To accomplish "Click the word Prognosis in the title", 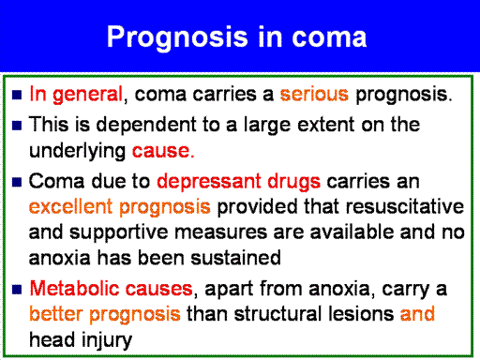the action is point(177,38).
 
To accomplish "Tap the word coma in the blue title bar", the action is point(329,37).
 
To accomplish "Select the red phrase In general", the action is point(76,95).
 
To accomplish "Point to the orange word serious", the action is point(314,94).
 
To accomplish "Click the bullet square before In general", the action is point(17,95).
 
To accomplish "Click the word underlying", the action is point(77,151).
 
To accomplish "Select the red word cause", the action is point(161,151).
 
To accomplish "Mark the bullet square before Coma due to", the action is point(17,182).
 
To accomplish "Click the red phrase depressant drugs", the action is point(238,182).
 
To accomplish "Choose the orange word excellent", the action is point(70,206).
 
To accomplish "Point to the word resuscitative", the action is point(405,206).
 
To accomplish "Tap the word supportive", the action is point(119,232).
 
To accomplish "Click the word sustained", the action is point(235,258).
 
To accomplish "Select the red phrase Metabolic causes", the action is point(111,288).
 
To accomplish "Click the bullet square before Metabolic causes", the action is point(17,289).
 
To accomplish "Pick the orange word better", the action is point(56,314).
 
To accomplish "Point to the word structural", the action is point(278,314).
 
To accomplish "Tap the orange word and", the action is point(417,314).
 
